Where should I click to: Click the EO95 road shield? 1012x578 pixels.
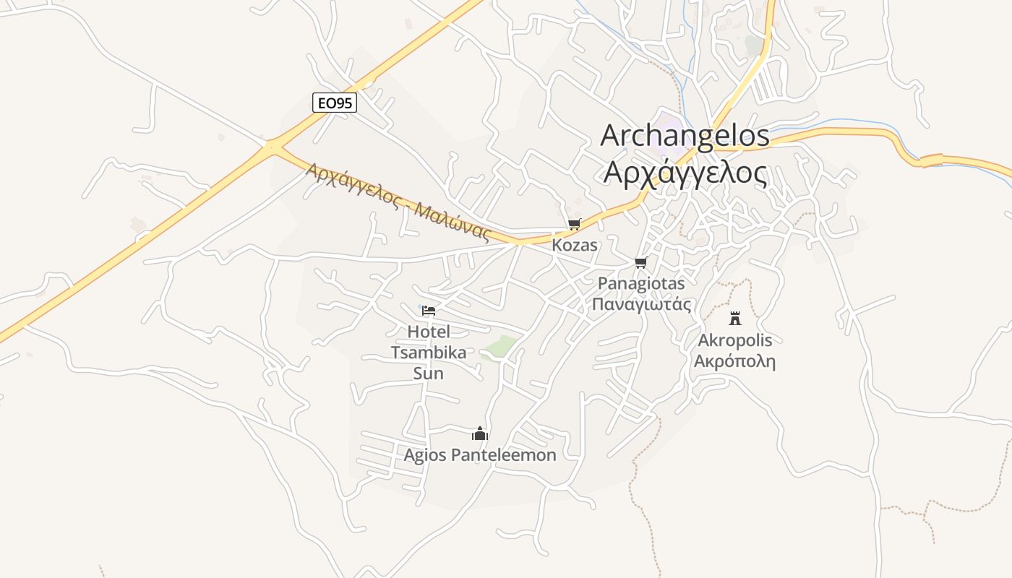click(x=335, y=103)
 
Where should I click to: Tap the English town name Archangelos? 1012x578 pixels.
click(x=685, y=136)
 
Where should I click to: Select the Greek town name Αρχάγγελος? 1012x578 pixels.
click(x=685, y=173)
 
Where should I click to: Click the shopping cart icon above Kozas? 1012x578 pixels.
click(x=575, y=225)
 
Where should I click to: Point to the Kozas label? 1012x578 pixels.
click(x=575, y=245)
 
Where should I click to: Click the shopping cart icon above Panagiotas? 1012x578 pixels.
click(x=640, y=262)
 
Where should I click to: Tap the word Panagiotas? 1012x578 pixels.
click(x=641, y=283)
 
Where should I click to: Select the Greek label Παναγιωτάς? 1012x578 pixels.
click(x=641, y=304)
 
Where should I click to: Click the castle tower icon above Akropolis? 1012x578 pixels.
click(x=735, y=318)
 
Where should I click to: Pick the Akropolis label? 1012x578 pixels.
click(x=735, y=340)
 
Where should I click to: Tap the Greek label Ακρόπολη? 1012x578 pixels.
click(x=735, y=361)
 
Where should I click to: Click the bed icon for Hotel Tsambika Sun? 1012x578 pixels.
click(x=429, y=311)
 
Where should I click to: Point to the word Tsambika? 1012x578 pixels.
click(x=429, y=353)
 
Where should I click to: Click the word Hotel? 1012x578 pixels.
click(x=429, y=332)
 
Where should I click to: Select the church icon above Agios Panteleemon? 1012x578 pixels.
click(x=480, y=433)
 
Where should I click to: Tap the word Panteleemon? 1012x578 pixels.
click(x=503, y=455)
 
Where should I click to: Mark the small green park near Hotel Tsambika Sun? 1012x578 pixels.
click(x=502, y=345)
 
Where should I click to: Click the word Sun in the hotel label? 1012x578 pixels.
click(x=428, y=374)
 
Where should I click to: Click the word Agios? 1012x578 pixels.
click(x=425, y=455)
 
